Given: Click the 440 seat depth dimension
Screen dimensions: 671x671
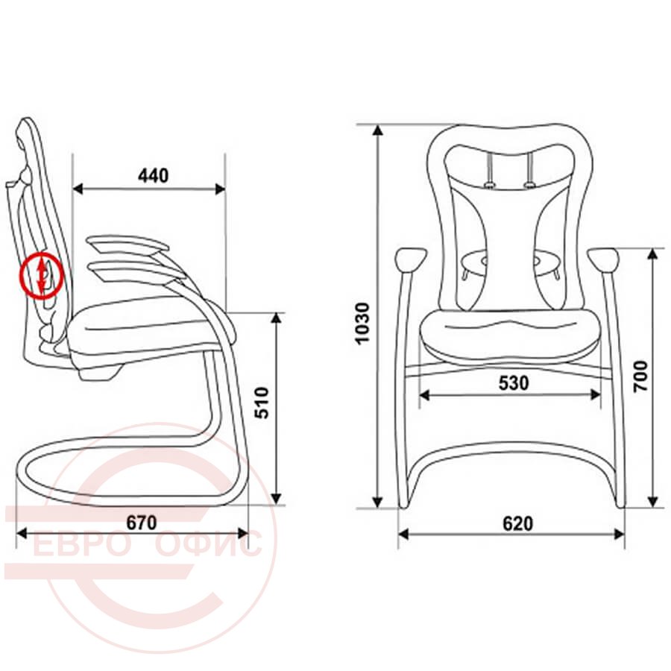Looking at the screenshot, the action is point(153,175).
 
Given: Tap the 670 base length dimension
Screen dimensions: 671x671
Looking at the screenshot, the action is point(142,523).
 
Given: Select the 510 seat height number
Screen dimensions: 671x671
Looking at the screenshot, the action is point(262,403).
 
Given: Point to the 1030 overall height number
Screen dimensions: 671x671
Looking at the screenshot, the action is point(362,323).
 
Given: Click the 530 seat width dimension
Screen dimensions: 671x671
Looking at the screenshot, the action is point(514,383).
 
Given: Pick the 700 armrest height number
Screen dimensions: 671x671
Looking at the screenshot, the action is point(640,377).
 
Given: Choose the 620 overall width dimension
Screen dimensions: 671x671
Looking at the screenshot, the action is point(518,523).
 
